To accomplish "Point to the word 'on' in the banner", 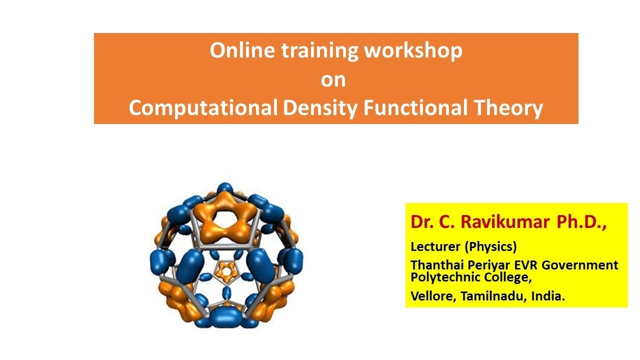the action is click(333, 80).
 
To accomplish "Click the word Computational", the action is click(203, 107).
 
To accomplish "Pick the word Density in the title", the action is click(320, 108).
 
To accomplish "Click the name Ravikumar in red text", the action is click(505, 222).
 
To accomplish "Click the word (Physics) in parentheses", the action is click(491, 247).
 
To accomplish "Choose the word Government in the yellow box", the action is click(579, 265).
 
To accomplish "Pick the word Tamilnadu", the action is click(493, 296).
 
